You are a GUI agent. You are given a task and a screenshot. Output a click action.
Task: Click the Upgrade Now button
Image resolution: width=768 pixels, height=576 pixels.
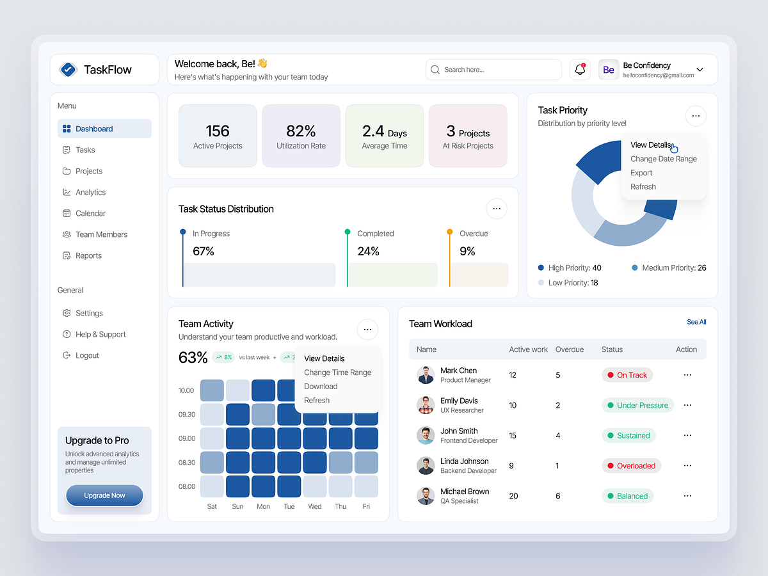coord(104,495)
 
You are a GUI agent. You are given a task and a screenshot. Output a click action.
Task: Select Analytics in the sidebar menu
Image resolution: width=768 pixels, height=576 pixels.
coord(90,192)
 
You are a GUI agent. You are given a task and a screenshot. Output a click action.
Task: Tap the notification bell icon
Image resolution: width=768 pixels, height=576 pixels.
coord(580,70)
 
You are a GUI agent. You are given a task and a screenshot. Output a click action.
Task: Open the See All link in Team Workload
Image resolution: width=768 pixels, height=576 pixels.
coord(696,322)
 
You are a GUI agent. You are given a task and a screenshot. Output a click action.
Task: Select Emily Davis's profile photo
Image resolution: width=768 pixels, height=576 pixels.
coord(426,405)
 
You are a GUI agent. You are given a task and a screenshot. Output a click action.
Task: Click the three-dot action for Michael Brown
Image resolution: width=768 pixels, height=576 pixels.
coord(687,496)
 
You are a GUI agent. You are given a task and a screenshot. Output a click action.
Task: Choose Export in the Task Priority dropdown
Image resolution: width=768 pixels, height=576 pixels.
coord(641,173)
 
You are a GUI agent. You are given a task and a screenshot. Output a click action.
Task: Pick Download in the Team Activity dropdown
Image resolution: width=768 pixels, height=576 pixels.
coord(321,387)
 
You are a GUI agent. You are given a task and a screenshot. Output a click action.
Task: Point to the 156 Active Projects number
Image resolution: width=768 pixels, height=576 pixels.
coord(218,131)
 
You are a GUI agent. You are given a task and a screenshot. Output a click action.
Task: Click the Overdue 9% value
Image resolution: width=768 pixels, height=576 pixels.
coord(467,252)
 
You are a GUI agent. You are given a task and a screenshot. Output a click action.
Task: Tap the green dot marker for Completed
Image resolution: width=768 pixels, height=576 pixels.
coord(348,232)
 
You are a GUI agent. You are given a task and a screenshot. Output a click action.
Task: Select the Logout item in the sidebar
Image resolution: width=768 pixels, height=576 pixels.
coord(87,355)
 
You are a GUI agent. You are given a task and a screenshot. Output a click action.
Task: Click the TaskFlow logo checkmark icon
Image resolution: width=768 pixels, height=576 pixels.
coord(68,70)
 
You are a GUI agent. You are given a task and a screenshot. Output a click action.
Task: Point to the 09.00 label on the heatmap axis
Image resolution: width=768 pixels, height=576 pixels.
coord(187,438)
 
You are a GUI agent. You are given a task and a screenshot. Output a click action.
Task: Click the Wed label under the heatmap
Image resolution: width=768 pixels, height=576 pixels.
coord(315,506)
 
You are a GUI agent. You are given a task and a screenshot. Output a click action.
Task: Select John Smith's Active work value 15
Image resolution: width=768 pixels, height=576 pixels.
coord(513,436)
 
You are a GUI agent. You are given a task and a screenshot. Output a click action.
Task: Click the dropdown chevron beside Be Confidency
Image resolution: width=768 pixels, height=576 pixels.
coord(700,70)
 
